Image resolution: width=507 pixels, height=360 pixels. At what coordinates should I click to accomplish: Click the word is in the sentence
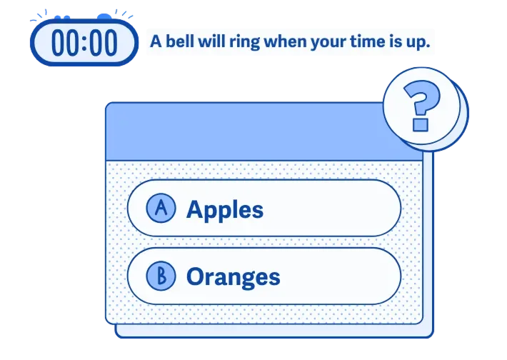[394, 41]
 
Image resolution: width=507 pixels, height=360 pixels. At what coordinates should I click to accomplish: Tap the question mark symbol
[421, 106]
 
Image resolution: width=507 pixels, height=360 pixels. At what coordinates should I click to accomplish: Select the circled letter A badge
[161, 208]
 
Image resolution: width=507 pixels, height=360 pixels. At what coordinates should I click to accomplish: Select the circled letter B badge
[161, 276]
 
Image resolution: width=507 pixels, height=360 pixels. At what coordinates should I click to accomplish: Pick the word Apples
[225, 209]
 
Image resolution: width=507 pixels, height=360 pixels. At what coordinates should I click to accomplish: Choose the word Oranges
[234, 277]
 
